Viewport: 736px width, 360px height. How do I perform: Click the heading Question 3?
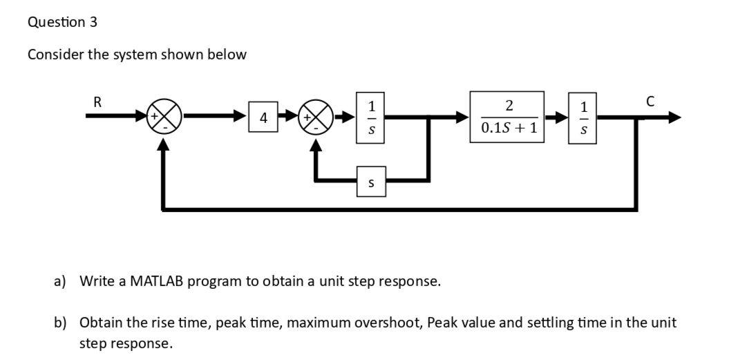62,22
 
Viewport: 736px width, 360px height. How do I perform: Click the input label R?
97,102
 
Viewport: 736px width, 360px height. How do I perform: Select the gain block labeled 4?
263,119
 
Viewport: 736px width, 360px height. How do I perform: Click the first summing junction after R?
166,118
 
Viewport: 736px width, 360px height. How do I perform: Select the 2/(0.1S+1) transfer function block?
508,117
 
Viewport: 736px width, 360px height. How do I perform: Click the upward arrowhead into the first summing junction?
163,142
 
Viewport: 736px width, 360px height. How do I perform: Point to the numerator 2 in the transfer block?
509,106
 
